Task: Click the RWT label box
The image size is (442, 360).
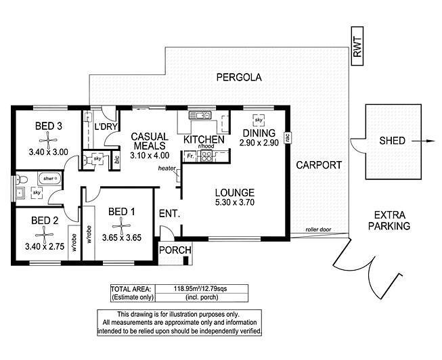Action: [x=357, y=47]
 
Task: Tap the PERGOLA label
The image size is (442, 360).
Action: [x=238, y=77]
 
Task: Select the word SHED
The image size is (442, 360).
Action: [x=392, y=141]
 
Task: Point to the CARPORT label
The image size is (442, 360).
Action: [x=319, y=164]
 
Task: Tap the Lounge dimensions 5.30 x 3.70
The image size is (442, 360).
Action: [x=235, y=202]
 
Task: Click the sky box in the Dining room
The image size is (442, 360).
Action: [x=258, y=120]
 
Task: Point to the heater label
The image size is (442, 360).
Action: [x=167, y=168]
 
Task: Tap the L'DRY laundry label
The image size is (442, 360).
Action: [x=107, y=127]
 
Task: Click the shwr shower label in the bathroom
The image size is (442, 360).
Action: [x=47, y=179]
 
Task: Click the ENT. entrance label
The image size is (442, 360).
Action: [x=169, y=214]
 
